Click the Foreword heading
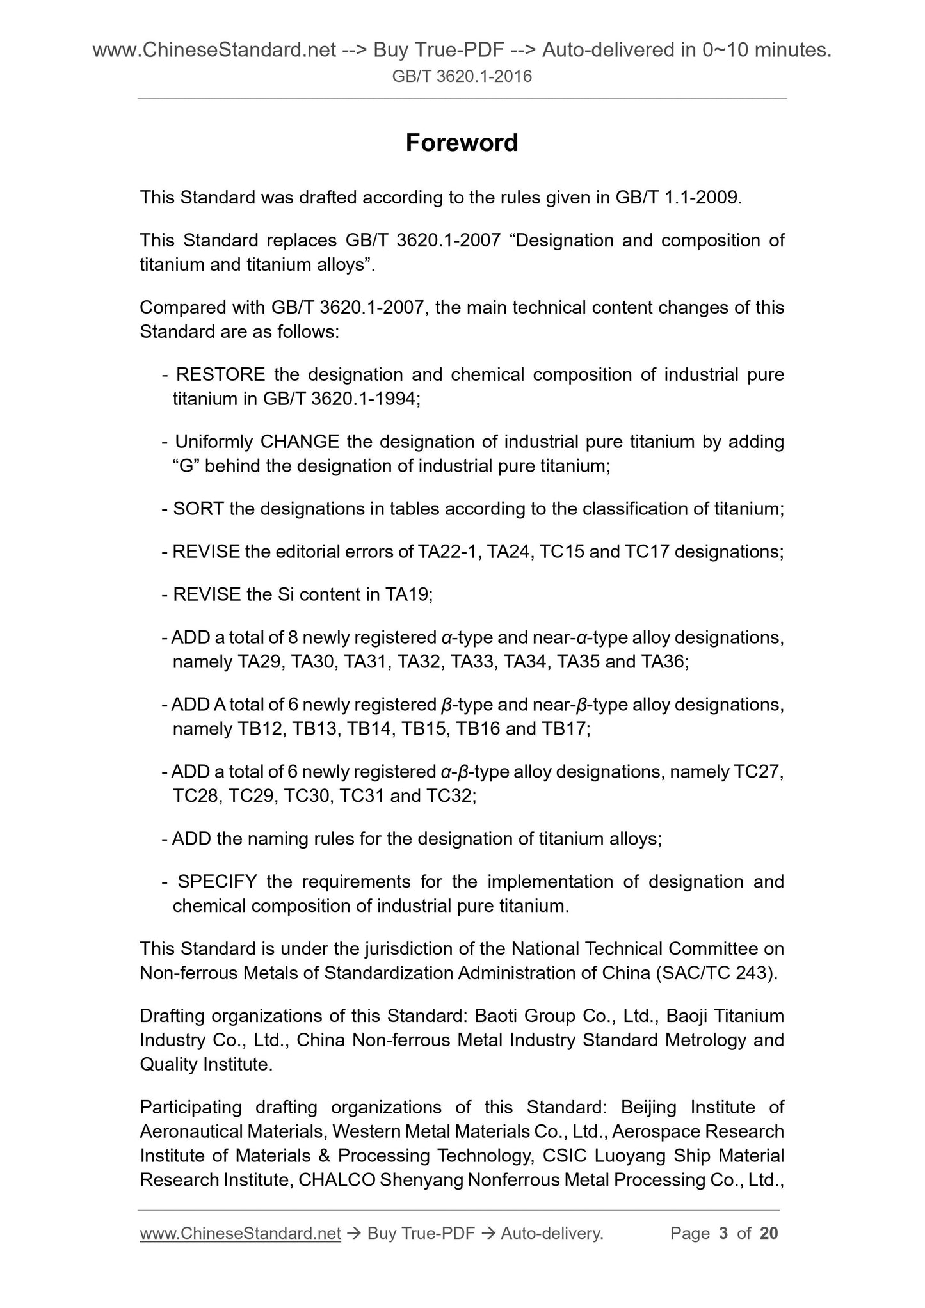[x=462, y=143]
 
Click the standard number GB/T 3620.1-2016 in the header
[x=462, y=77]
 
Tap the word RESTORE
[x=220, y=374]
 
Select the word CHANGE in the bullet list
[x=300, y=442]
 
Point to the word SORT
[x=198, y=509]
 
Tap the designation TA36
[x=663, y=662]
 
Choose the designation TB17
[x=565, y=729]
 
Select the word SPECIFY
[x=217, y=882]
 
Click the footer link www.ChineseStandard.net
[x=240, y=1233]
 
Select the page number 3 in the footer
[x=723, y=1233]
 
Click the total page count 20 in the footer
[x=769, y=1233]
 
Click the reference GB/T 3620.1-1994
[x=340, y=399]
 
